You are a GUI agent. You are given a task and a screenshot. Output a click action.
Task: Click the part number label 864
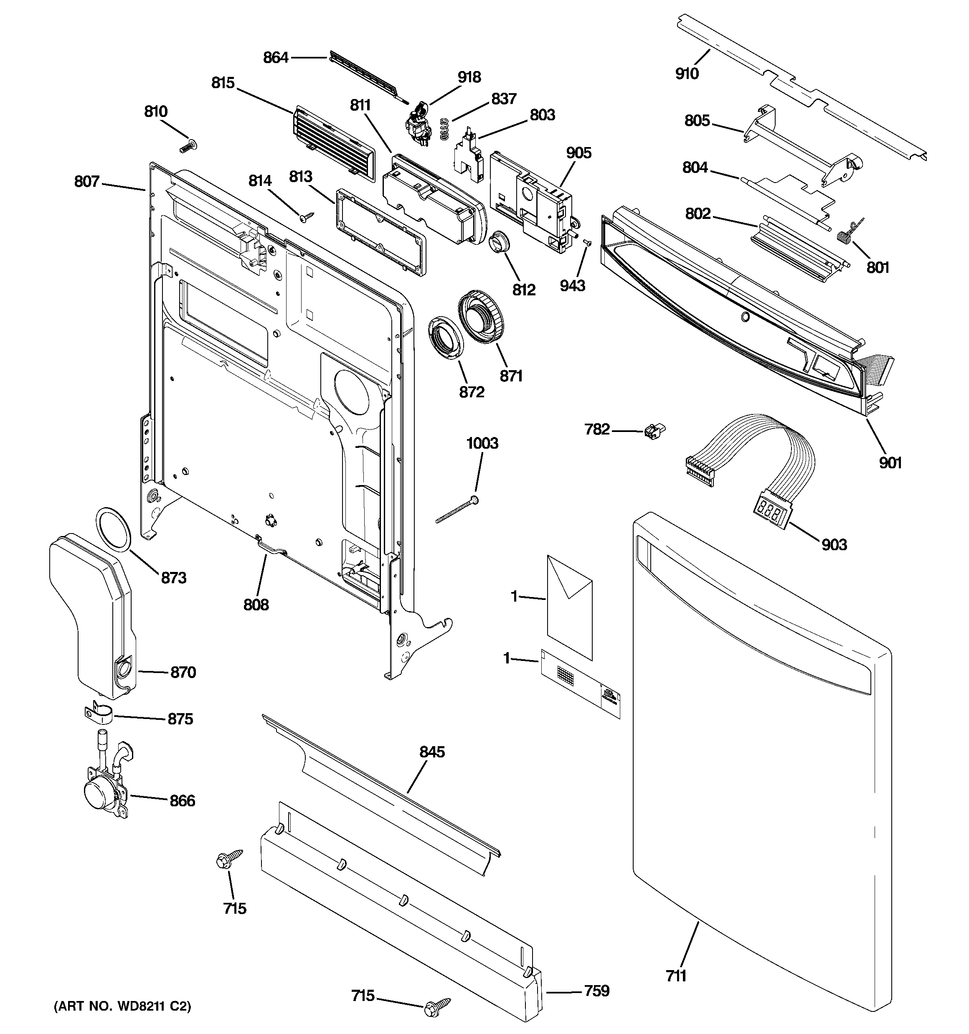click(275, 57)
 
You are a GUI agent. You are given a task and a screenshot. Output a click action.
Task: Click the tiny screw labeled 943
click(587, 242)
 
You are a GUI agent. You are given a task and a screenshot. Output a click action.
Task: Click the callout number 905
click(578, 153)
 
